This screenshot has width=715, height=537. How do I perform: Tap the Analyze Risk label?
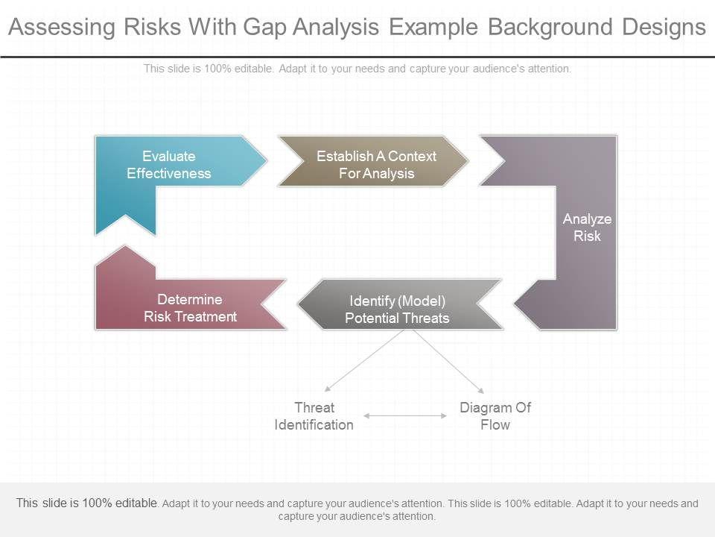[587, 227]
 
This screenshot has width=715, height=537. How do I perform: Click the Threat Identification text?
[314, 416]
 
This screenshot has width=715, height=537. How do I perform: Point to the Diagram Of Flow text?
[495, 416]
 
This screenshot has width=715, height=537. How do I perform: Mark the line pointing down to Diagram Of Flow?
[447, 362]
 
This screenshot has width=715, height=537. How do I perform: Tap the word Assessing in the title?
[61, 28]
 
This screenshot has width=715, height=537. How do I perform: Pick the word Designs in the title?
[662, 28]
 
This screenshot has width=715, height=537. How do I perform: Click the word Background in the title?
[548, 28]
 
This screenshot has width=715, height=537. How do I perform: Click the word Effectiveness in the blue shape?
[169, 174]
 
